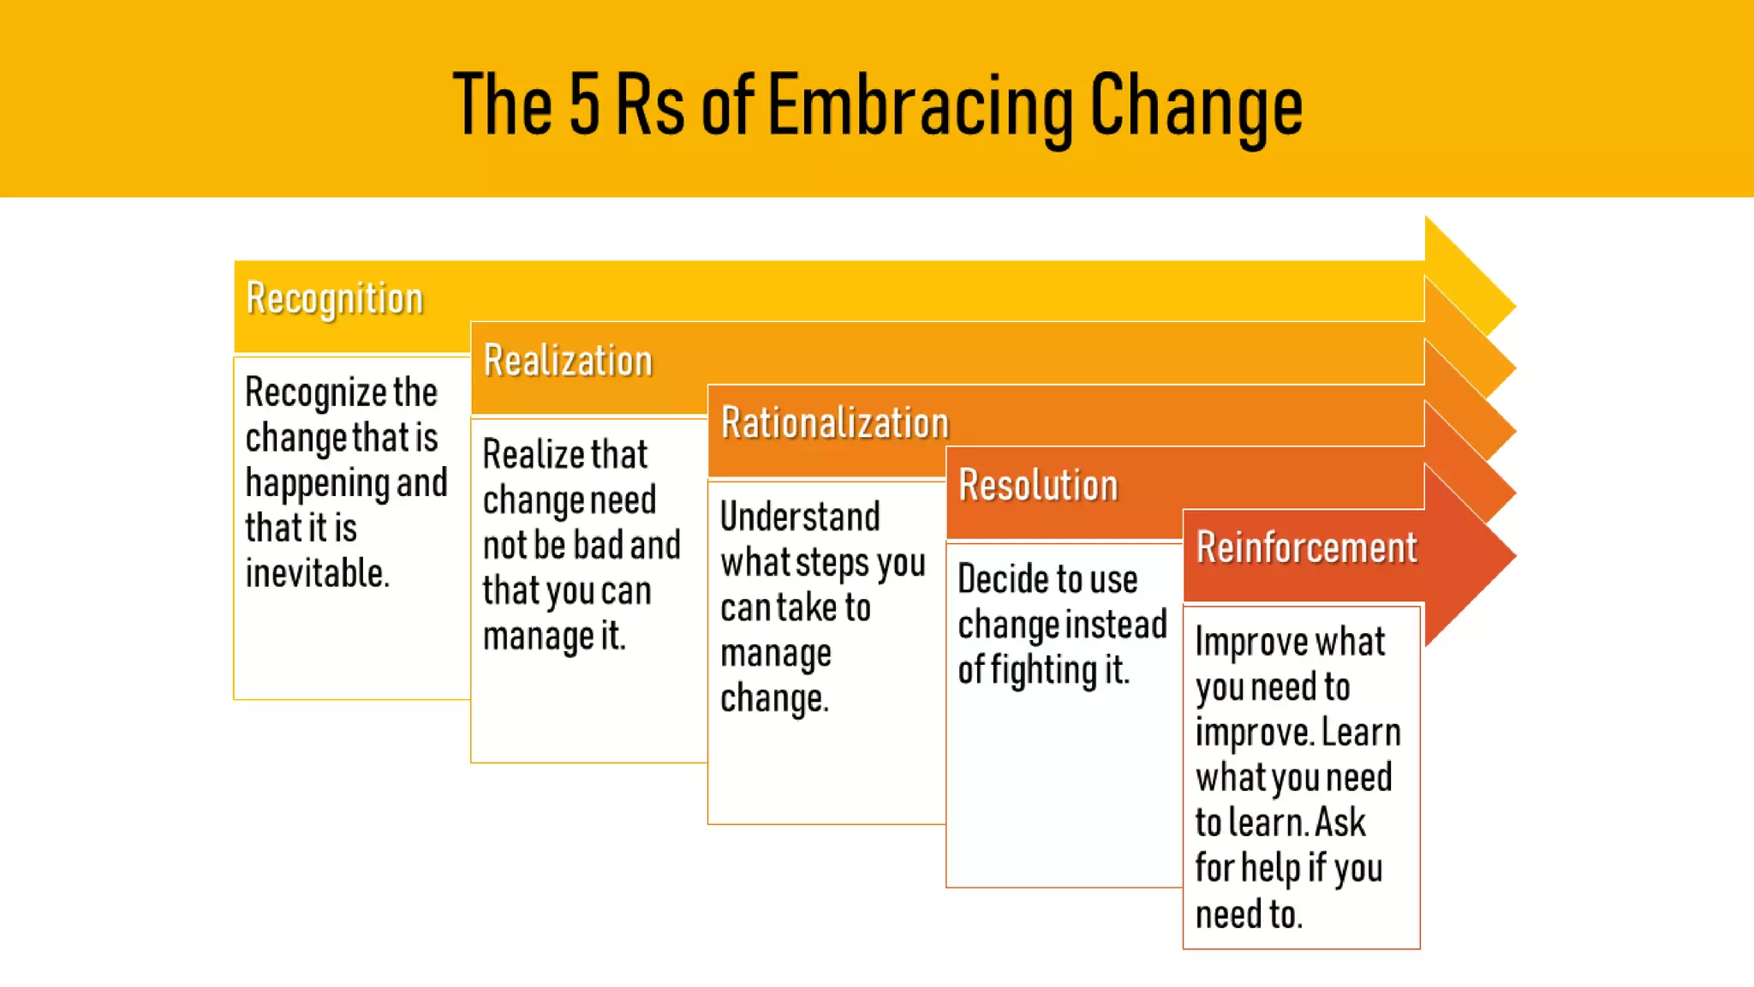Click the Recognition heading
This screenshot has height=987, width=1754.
[334, 299]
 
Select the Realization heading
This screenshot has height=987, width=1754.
[568, 361]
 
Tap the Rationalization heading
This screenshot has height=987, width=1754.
[835, 423]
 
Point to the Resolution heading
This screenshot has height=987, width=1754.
[1038, 486]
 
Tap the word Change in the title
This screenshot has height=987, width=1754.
[1196, 106]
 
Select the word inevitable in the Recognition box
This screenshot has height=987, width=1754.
[316, 573]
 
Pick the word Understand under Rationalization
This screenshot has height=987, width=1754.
[800, 517]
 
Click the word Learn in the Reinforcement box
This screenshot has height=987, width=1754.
[1361, 733]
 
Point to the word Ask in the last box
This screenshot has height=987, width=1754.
[1339, 823]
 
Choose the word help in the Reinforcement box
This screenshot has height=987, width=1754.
[1271, 869]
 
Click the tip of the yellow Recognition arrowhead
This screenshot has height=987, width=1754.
[1514, 306]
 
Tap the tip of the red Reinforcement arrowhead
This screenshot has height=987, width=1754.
[1514, 555]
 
